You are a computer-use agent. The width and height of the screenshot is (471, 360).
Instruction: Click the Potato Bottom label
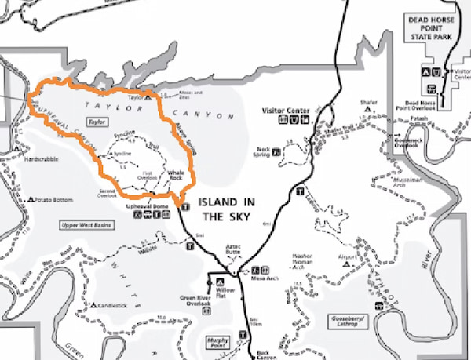point(54,199)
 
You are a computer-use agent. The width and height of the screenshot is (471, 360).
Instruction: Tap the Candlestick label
point(115,305)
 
